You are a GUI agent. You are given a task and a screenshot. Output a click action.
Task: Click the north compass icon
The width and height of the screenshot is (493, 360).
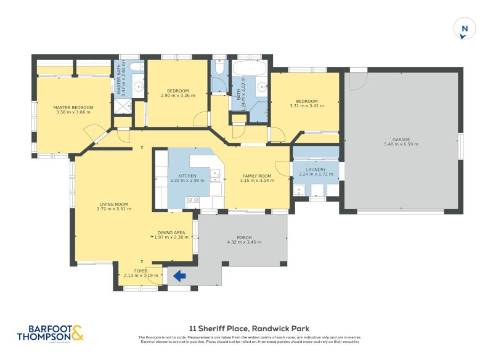coord(465,29)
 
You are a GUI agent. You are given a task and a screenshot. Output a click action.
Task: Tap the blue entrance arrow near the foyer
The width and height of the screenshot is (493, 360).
coord(179,276)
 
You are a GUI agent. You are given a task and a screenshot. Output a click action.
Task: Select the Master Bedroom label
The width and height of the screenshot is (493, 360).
coord(73,107)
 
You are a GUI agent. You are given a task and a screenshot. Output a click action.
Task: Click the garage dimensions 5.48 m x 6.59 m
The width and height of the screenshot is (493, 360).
coord(401,144)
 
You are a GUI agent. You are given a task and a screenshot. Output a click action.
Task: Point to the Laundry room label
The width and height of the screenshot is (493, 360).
coord(315,169)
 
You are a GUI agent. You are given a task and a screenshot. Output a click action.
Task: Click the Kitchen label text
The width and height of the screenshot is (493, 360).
coord(187,176)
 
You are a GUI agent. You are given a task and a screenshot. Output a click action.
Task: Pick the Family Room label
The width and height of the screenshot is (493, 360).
coord(257,176)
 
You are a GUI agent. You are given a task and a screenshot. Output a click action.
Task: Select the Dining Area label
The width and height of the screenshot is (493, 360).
coord(171,232)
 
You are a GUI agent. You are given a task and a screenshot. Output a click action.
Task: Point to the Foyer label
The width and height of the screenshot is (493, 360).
coord(141,271)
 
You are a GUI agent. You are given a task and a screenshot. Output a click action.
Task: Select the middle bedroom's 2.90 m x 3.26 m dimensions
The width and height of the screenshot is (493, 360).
coord(177,96)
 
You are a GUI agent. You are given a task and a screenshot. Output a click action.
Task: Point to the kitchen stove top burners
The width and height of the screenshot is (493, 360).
coord(193,200)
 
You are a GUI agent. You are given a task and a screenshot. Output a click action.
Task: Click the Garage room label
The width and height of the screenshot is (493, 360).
coord(401,139)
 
